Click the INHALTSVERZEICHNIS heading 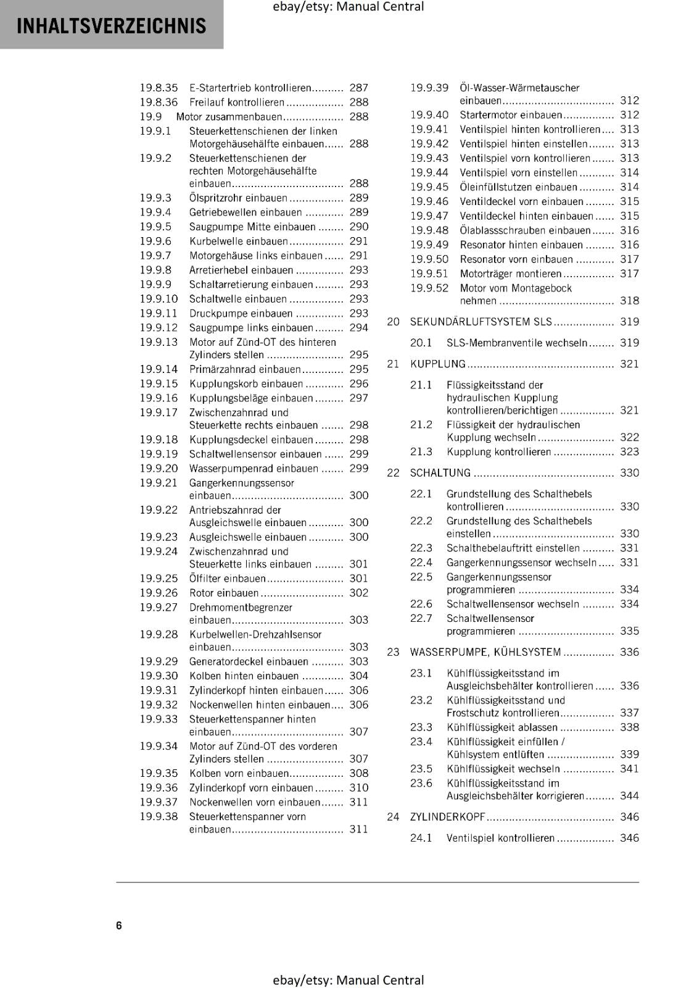click(x=111, y=26)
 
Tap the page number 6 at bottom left click(x=119, y=925)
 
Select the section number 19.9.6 click(x=155, y=241)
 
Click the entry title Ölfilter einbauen click(x=227, y=579)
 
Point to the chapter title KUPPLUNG click(x=438, y=364)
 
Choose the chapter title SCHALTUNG click(x=440, y=473)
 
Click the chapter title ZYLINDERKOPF click(x=448, y=817)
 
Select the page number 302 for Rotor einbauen click(x=358, y=593)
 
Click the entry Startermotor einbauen click(x=511, y=115)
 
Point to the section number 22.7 click(x=421, y=618)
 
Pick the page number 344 click(x=629, y=796)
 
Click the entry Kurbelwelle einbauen click(x=238, y=241)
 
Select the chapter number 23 click(x=394, y=652)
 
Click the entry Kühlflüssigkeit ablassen click(x=501, y=727)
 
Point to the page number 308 click(x=358, y=773)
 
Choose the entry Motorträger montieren click(x=511, y=274)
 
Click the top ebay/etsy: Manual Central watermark click(x=348, y=7)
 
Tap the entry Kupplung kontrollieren click(x=498, y=452)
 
